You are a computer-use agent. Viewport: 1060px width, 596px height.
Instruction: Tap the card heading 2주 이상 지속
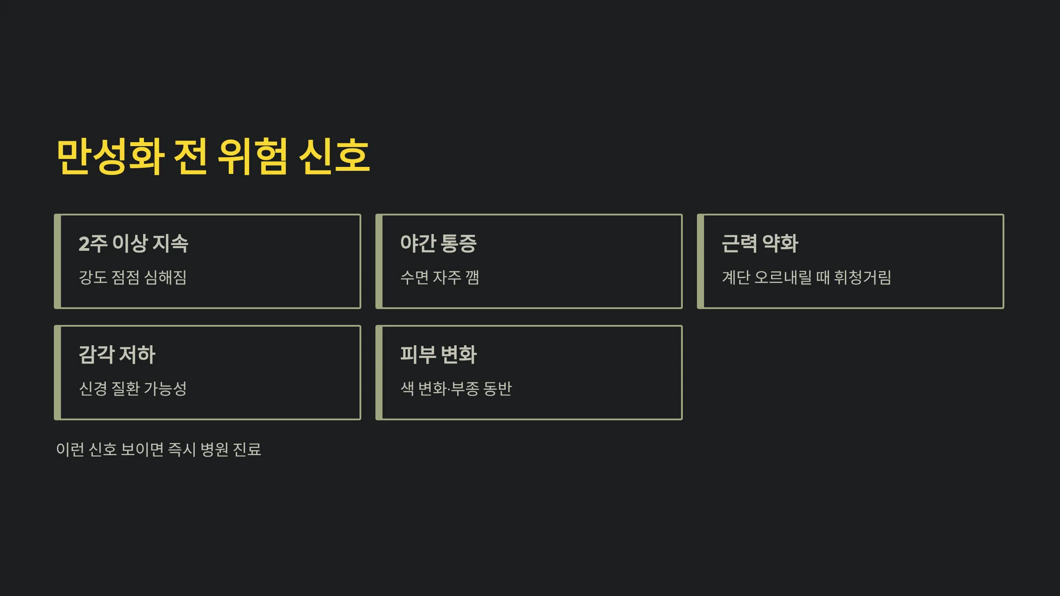pos(133,243)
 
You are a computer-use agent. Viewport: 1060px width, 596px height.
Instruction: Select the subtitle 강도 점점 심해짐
pos(132,277)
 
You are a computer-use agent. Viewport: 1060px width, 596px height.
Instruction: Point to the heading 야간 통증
pos(438,243)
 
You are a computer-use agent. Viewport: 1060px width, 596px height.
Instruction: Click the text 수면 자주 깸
pos(439,277)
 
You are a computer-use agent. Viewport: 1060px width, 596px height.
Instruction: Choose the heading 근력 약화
pos(760,243)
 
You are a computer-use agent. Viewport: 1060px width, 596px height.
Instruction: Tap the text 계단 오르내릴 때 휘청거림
pos(806,277)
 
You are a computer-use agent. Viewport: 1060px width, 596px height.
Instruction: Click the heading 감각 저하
pos(117,355)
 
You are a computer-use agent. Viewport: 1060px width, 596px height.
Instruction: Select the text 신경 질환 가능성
pos(132,389)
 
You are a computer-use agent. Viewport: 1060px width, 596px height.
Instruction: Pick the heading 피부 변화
pos(438,355)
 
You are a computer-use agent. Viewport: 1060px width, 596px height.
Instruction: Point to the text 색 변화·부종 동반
pos(456,389)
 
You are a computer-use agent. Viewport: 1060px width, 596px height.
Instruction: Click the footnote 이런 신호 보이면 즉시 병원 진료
pos(159,449)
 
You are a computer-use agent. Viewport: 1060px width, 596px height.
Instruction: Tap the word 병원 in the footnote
pos(214,449)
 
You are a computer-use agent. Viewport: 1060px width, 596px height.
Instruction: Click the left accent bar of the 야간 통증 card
pos(379,261)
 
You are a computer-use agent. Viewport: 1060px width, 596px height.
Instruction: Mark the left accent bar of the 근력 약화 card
pos(700,261)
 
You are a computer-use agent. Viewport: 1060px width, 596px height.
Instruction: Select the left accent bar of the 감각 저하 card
pos(57,373)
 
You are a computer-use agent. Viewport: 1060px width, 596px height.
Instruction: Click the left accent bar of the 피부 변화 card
pos(379,373)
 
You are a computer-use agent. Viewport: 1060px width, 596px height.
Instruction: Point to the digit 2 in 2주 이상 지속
pos(84,244)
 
